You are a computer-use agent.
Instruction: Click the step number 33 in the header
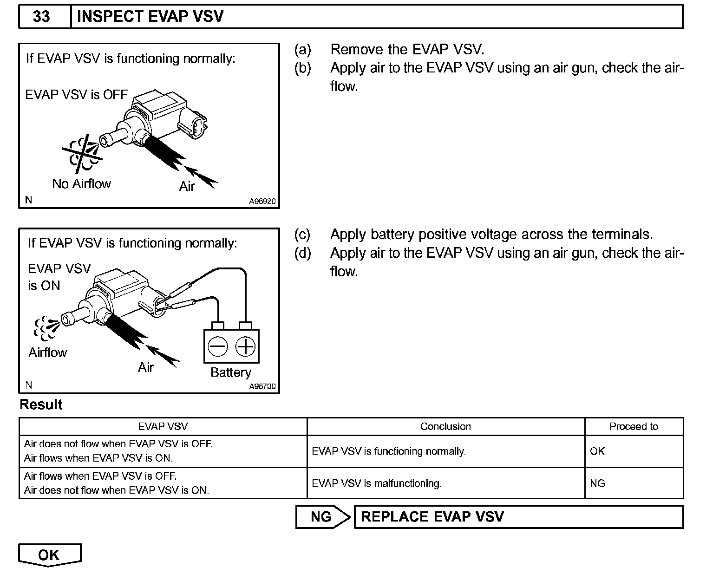click(x=41, y=17)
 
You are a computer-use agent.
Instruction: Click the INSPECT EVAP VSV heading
click(x=150, y=17)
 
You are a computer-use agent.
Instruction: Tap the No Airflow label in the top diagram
click(x=82, y=184)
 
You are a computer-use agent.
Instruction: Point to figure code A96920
click(x=262, y=202)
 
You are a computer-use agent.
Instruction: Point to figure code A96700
click(x=262, y=386)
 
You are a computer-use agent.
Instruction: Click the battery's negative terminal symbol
click(x=217, y=346)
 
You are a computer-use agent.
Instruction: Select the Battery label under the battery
click(x=231, y=372)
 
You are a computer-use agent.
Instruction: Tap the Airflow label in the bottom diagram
click(x=48, y=352)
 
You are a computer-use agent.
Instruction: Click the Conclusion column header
click(x=445, y=426)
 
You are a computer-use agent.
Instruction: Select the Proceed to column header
click(x=634, y=426)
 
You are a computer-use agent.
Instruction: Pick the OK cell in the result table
click(x=597, y=451)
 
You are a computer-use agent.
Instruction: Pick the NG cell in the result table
click(x=597, y=483)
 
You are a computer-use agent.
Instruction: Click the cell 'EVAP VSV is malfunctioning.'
click(x=377, y=483)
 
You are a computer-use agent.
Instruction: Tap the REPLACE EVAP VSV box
click(x=518, y=517)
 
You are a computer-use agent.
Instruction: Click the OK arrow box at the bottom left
click(x=49, y=554)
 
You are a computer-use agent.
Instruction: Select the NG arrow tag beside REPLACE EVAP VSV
click(x=322, y=517)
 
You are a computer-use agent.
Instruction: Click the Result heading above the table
click(x=41, y=404)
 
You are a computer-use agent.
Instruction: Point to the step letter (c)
click(x=302, y=235)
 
